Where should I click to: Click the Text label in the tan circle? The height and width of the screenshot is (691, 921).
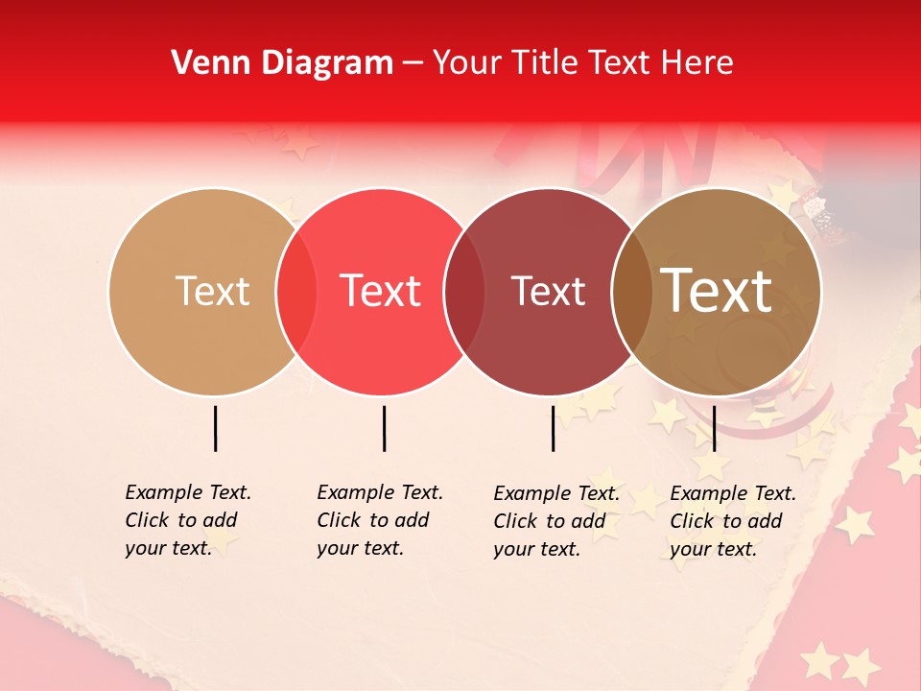[x=212, y=291]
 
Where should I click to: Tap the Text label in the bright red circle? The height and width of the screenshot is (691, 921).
[x=381, y=291]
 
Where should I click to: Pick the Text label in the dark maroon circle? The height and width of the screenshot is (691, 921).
[x=548, y=291]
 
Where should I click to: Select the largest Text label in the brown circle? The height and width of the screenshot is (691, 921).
[x=717, y=291]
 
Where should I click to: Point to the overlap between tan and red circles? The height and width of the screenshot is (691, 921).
[x=296, y=292]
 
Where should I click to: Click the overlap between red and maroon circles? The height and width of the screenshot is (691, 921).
[x=465, y=292]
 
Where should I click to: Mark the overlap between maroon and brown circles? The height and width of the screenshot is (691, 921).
[x=633, y=292]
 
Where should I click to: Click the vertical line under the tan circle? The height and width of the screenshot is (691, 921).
[x=215, y=428]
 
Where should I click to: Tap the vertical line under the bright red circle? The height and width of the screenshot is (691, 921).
[x=384, y=428]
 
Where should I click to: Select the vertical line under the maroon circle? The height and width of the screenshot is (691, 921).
[x=553, y=428]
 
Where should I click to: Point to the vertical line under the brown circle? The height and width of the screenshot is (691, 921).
[x=714, y=428]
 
